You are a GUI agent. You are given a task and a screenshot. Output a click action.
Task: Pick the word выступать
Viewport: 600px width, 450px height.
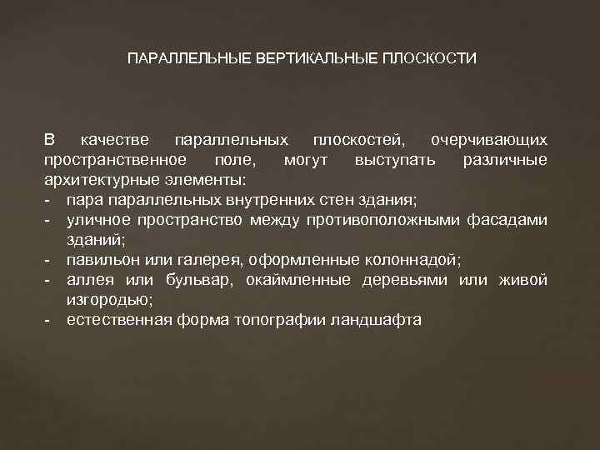394,160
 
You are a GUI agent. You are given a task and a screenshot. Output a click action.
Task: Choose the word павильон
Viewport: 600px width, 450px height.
101,260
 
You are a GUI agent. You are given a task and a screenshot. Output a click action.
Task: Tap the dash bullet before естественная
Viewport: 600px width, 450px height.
49,320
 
